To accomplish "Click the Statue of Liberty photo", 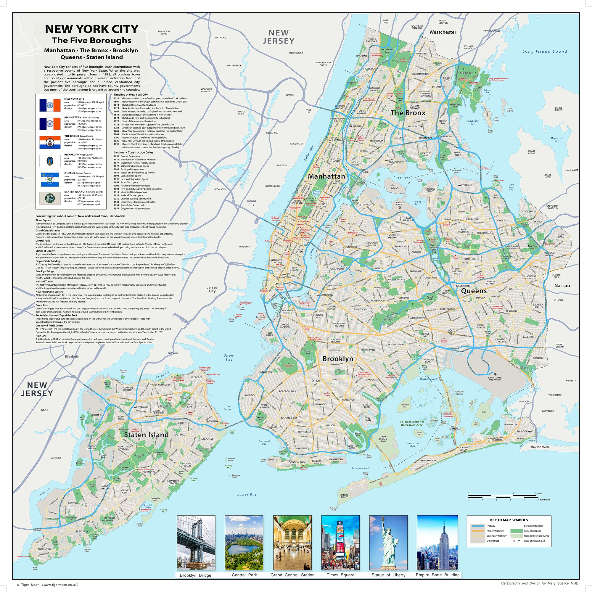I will [388, 543].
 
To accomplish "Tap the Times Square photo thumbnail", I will [340, 543].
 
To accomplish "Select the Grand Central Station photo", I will [292, 543].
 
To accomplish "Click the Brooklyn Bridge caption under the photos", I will [195, 575].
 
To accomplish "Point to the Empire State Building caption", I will [437, 575].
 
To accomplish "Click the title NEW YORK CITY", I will [92, 29].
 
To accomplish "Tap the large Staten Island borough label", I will [146, 435].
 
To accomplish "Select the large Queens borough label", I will [474, 291].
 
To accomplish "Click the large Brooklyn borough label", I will [338, 358].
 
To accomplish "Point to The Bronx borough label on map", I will [408, 113].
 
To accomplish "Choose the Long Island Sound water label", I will [545, 52].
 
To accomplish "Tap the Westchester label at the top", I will [443, 32].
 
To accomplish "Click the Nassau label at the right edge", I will [562, 286].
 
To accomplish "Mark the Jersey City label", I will [212, 289].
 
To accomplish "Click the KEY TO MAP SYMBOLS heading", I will [509, 520].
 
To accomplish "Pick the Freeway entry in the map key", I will [490, 526].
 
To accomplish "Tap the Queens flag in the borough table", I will [50, 180].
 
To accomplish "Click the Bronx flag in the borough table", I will [50, 142].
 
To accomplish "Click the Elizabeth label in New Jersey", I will [72, 356].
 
